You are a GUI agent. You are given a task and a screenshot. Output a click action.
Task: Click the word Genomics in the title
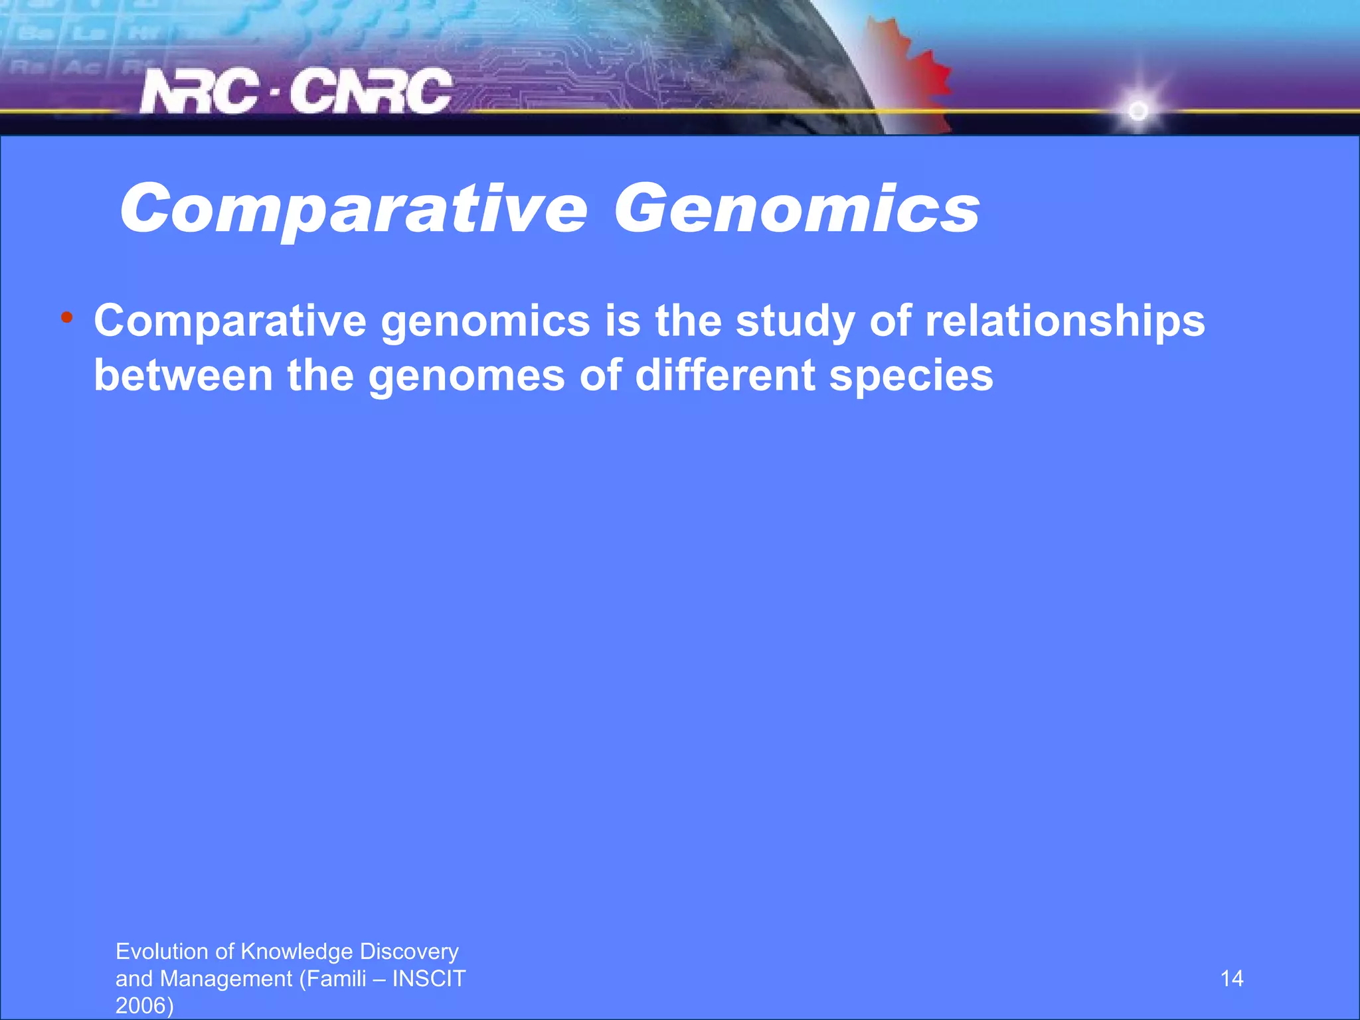click(x=796, y=209)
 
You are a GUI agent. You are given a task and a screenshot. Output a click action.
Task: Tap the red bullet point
click(x=66, y=317)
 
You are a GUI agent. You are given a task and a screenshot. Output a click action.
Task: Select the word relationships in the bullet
click(x=1064, y=321)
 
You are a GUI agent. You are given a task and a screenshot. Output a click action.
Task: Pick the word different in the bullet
click(x=724, y=376)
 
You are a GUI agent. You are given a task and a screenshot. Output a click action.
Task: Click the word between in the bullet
click(x=183, y=376)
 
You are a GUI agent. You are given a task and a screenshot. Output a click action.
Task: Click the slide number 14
click(x=1232, y=979)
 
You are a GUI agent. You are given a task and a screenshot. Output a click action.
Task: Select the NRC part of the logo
click(x=199, y=92)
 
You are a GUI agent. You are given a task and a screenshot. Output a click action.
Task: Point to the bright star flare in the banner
click(x=1138, y=110)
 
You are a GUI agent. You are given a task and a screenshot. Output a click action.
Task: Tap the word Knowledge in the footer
click(x=296, y=952)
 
